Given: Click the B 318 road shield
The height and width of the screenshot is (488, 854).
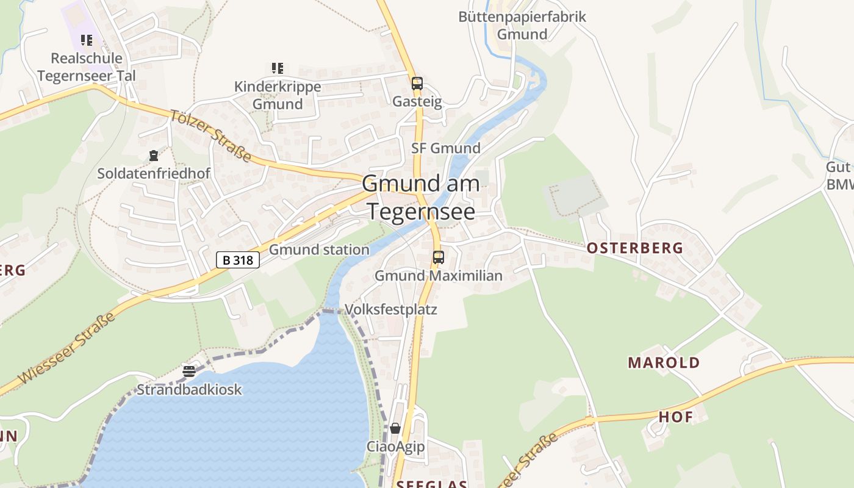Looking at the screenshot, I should pyautogui.click(x=238, y=260).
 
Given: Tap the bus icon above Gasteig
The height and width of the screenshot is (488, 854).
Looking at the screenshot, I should pyautogui.click(x=417, y=84).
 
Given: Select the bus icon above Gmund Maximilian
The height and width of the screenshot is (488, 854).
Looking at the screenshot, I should pyautogui.click(x=438, y=257).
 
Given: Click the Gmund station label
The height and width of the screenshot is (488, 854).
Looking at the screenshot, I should pyautogui.click(x=319, y=249).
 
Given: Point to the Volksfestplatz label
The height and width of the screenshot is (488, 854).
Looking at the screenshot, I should pyautogui.click(x=391, y=309).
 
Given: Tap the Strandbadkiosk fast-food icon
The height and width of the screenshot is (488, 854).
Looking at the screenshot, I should pyautogui.click(x=189, y=371).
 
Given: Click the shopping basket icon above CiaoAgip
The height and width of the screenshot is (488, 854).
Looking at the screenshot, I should pyautogui.click(x=395, y=428).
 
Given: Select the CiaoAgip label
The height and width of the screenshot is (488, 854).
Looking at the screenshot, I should pyautogui.click(x=395, y=447).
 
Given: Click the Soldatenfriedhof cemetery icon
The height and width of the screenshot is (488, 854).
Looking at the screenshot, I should pyautogui.click(x=153, y=156).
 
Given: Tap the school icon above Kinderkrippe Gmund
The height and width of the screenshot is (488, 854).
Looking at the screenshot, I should pyautogui.click(x=278, y=68).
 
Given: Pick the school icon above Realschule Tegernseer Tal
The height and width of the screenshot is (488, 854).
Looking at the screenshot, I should pyautogui.click(x=87, y=40).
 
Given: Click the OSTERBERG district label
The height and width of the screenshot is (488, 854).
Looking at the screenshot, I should pyautogui.click(x=634, y=248).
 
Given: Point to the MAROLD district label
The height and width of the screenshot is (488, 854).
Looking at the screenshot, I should pyautogui.click(x=664, y=362).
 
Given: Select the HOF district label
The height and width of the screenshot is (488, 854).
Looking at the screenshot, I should pyautogui.click(x=676, y=417).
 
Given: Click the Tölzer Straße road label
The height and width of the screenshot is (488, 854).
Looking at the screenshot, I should pyautogui.click(x=210, y=136).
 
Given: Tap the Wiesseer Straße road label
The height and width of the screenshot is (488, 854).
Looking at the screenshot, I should pyautogui.click(x=67, y=348).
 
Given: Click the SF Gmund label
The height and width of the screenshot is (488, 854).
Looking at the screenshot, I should pyautogui.click(x=446, y=148).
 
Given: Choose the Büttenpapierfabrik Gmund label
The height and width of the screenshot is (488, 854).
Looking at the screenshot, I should pyautogui.click(x=522, y=25).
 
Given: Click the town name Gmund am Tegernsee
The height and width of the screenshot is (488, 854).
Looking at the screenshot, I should pyautogui.click(x=421, y=196).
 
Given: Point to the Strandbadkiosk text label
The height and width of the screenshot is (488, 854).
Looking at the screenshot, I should pyautogui.click(x=189, y=389).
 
